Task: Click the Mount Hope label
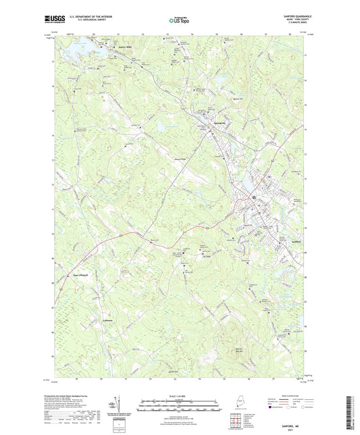point(207,255)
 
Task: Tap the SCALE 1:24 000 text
point(180,395)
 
